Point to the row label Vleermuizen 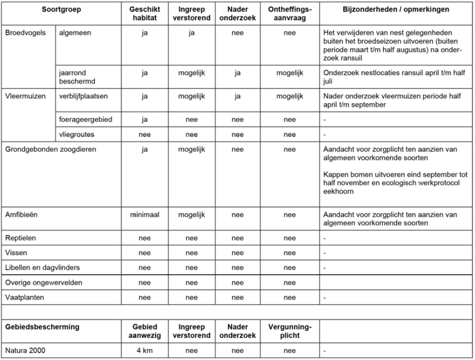coord(24,95)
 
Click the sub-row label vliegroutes coord(75,135)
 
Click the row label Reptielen coord(20,237)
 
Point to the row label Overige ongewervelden coord(43,283)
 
